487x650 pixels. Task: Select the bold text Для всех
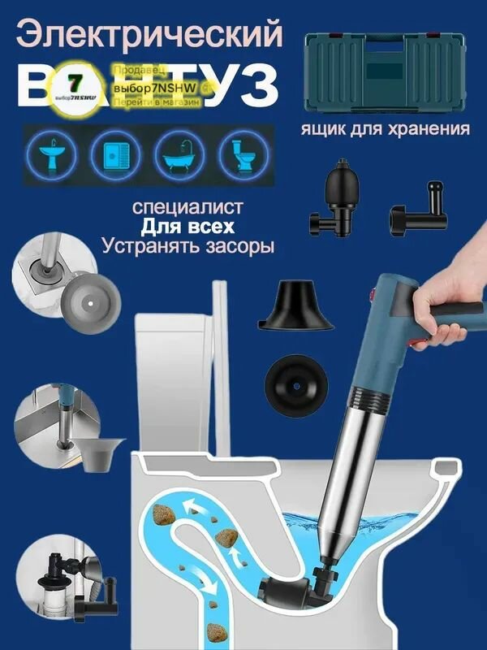click(x=187, y=225)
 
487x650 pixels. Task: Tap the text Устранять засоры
click(x=188, y=245)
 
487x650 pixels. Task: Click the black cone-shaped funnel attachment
click(x=298, y=307)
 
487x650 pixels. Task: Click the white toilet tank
click(x=187, y=366)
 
